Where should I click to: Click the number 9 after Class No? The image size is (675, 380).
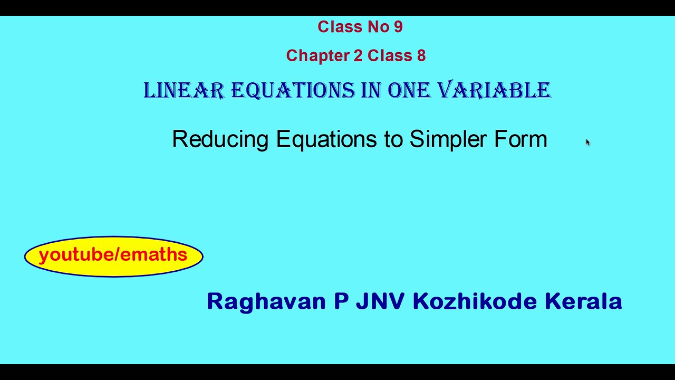(398, 27)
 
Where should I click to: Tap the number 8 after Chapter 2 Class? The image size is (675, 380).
(421, 55)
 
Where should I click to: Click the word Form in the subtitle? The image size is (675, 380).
(520, 139)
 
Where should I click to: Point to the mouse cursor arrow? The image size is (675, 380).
(587, 142)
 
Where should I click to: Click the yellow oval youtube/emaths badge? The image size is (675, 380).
(113, 256)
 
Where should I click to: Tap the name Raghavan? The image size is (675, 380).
(266, 301)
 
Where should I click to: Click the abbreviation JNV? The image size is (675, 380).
(380, 301)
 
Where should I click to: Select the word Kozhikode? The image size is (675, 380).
(475, 301)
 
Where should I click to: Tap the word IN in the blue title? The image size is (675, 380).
(371, 91)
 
